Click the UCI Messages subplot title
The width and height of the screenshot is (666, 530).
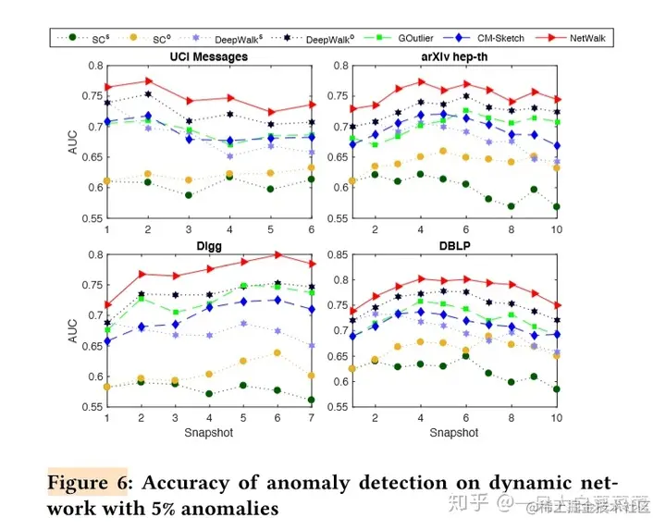click(x=209, y=56)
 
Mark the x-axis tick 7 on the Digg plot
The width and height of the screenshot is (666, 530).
click(x=310, y=417)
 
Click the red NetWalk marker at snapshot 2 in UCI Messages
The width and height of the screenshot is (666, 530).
click(x=148, y=81)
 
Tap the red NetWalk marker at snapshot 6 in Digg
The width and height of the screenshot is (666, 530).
click(x=277, y=254)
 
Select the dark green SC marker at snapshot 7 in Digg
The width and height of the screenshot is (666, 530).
click(x=310, y=400)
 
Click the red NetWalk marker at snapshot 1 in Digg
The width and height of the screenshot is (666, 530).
click(x=107, y=304)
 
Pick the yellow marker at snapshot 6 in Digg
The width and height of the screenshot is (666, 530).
click(x=277, y=352)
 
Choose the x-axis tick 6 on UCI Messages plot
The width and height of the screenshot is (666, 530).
click(x=310, y=228)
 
